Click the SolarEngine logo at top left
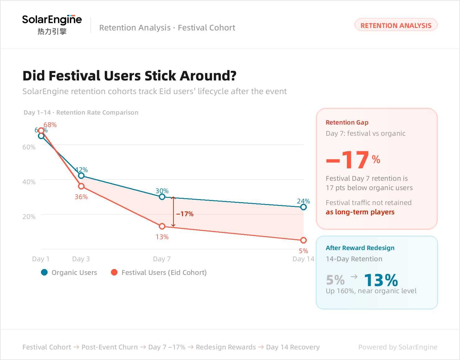coord(52,24)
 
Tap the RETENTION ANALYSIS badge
coord(396,25)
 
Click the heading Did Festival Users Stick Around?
coord(129,76)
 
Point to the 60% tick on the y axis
coord(29,147)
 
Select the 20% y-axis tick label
coord(29,216)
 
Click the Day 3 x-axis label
coord(81,259)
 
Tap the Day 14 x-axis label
coord(303,259)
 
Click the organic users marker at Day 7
coord(162,197)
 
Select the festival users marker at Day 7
coord(162,226)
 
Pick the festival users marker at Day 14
coord(303,240)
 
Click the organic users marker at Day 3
coord(81,176)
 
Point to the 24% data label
coord(303,201)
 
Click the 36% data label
coord(81,197)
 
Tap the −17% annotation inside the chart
coord(185,214)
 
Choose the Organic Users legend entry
coord(69,272)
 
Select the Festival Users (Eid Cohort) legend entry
coord(159,272)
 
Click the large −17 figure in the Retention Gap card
coord(348,160)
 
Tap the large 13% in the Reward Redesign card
coord(381,280)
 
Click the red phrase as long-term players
coord(360,212)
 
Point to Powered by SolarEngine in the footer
coord(398,347)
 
